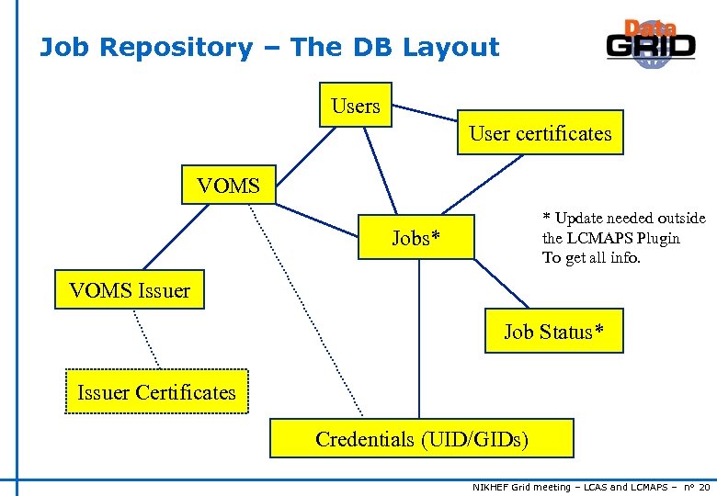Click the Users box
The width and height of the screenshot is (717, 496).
click(x=356, y=106)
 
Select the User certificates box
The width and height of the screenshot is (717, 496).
click(x=540, y=133)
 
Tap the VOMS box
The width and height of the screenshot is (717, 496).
click(x=228, y=186)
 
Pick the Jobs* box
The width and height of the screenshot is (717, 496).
click(x=416, y=238)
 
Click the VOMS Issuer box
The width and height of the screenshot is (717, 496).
click(x=129, y=290)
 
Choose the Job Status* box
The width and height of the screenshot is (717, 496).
click(x=553, y=332)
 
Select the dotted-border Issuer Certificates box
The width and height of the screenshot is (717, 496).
click(x=156, y=392)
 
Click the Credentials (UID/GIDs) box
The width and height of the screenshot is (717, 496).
click(x=421, y=439)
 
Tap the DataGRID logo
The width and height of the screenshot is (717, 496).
click(x=651, y=44)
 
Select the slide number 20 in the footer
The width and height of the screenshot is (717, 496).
click(x=703, y=487)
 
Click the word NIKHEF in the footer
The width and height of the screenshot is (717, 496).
click(x=495, y=487)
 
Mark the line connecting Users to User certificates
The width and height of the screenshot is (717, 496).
click(x=425, y=114)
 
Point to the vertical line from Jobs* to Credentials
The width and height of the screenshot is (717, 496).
click(x=419, y=340)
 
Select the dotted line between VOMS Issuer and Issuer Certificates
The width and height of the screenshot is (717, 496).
click(x=146, y=338)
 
